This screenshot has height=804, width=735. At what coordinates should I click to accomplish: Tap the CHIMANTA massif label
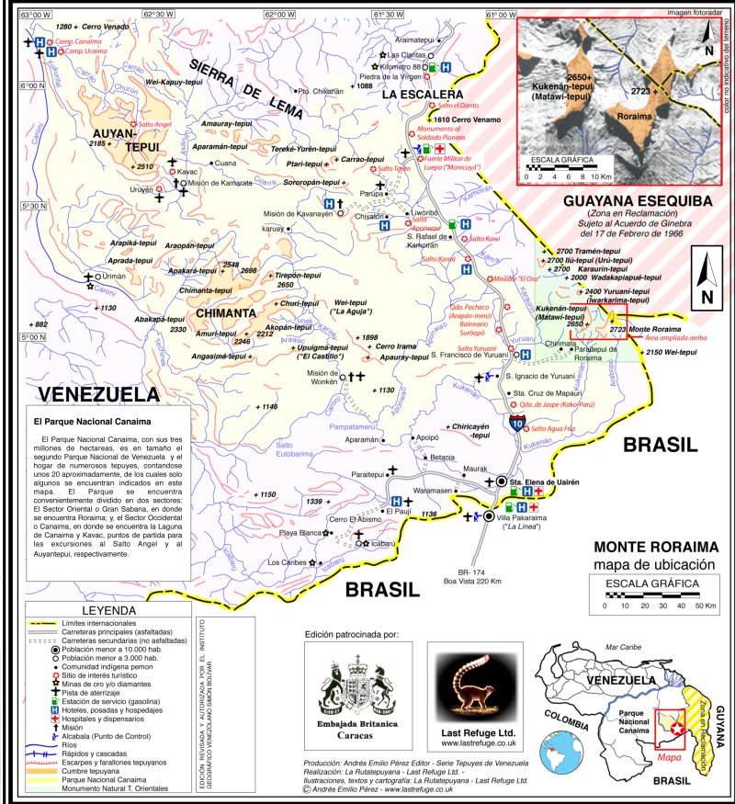(x=224, y=312)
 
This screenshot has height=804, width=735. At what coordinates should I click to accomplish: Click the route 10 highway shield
(x=520, y=424)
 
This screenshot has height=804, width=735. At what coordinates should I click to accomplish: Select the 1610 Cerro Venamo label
(x=466, y=119)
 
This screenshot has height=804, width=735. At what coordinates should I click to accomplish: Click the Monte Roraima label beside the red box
(x=655, y=329)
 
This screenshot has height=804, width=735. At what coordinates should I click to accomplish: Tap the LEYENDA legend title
(x=109, y=609)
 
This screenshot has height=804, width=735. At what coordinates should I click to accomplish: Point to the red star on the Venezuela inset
(x=677, y=728)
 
